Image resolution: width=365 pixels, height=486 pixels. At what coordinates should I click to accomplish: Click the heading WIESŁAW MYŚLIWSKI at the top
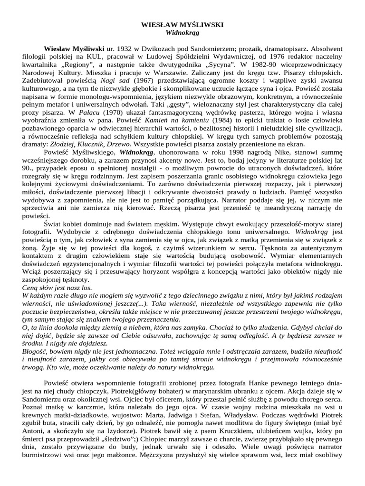[182, 24]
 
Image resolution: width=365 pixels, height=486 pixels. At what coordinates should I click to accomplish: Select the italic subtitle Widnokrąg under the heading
[182, 33]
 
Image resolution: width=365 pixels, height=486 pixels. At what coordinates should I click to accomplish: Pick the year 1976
[272, 57]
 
